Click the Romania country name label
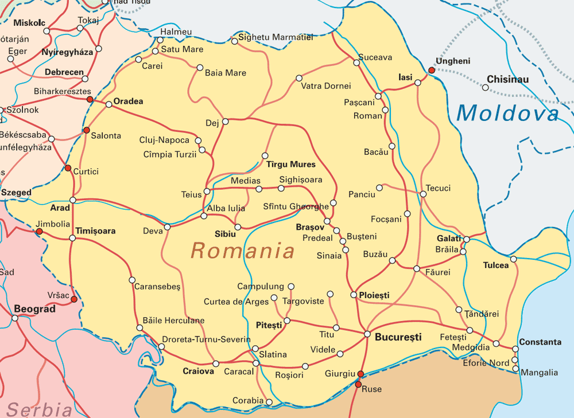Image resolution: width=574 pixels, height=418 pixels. (x=242, y=251)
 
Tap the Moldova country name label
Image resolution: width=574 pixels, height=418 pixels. (x=507, y=113)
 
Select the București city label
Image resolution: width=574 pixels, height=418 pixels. (x=398, y=337)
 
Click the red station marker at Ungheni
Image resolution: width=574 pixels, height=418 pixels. (x=431, y=71)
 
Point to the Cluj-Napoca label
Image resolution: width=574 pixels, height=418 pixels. (x=164, y=140)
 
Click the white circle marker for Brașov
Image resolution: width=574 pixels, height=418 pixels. (x=328, y=221)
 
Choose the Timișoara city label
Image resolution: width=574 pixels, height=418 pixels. (x=96, y=231)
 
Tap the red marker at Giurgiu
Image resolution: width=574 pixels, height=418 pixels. (x=360, y=374)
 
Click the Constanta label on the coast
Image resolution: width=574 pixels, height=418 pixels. (x=540, y=342)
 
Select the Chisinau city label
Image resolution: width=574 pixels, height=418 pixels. (x=508, y=80)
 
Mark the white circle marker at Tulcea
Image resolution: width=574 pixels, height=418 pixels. (x=514, y=259)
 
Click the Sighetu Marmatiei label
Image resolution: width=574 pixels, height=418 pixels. (x=276, y=38)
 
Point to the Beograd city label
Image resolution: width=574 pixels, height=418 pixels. (x=34, y=309)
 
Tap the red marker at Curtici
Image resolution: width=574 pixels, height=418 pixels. (x=68, y=168)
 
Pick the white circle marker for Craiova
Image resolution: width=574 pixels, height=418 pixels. (x=216, y=364)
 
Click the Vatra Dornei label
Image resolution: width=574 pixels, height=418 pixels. (x=325, y=86)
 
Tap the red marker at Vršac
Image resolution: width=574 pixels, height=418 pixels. (x=73, y=299)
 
